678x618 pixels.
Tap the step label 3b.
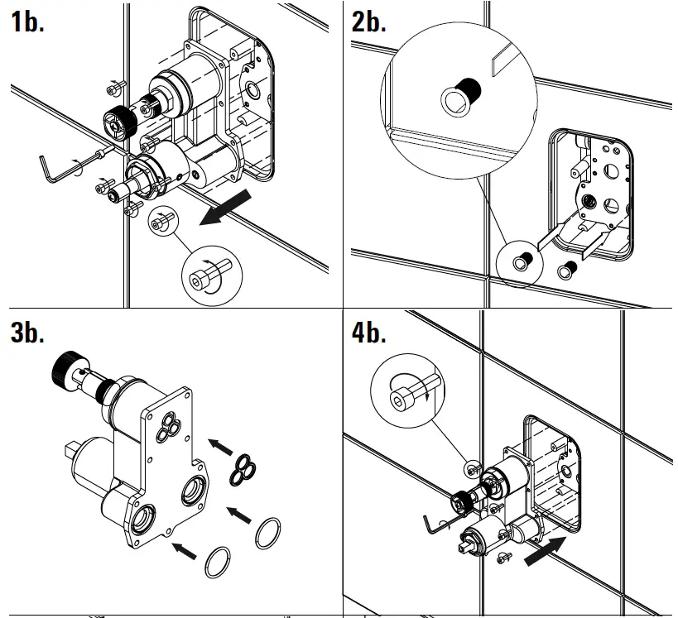(27, 333)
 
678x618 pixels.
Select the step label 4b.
(369, 333)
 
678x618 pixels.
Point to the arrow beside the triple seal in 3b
(219, 448)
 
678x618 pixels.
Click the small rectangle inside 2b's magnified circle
(501, 60)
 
